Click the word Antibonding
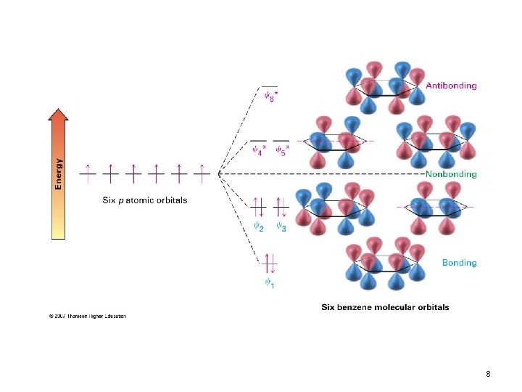click(451, 86)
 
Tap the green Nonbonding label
click(451, 174)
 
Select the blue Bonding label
click(460, 263)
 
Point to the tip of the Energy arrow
click(59, 111)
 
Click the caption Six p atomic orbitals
click(144, 200)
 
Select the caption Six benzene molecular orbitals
click(385, 307)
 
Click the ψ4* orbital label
click(259, 151)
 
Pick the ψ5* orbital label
click(281, 151)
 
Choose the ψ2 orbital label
click(258, 226)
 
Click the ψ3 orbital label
click(281, 226)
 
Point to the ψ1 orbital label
click(269, 282)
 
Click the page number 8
click(488, 374)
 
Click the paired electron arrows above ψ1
click(269, 262)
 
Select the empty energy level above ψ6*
click(269, 86)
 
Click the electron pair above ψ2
click(259, 206)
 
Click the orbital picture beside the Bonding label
click(384, 267)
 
